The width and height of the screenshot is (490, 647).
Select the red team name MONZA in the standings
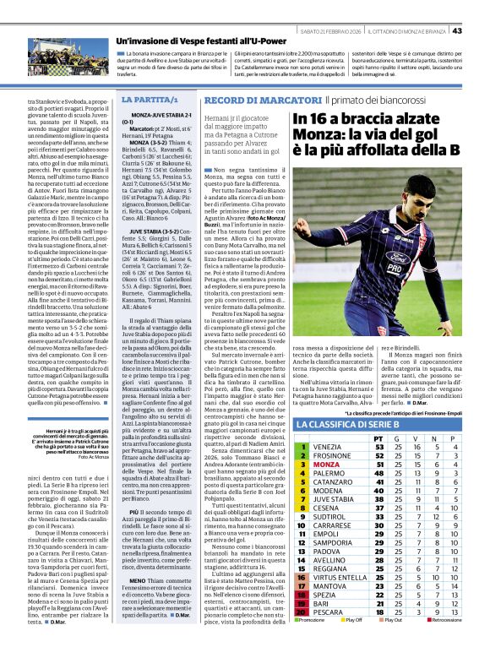tap(326, 464)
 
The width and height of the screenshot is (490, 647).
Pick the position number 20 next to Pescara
tap(302, 612)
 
